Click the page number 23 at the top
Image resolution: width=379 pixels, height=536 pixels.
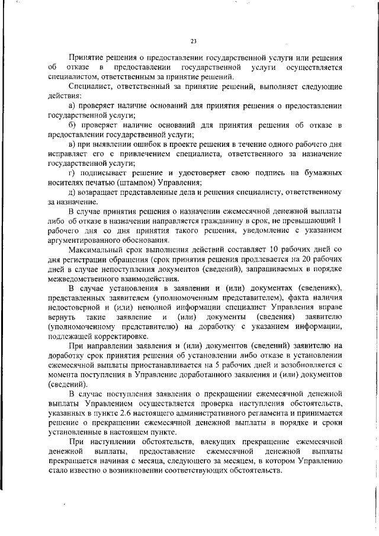[x=193, y=41]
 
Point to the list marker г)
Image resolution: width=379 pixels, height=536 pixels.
[x=72, y=172]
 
